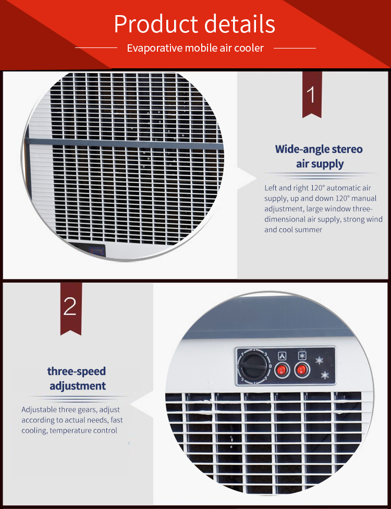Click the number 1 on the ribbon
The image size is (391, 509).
pyautogui.click(x=311, y=95)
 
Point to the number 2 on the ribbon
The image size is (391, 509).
pyautogui.click(x=70, y=307)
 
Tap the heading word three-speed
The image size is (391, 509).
pyautogui.click(x=77, y=371)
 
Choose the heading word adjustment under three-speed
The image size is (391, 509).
pyautogui.click(x=78, y=386)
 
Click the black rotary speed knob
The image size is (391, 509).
pyautogui.click(x=252, y=365)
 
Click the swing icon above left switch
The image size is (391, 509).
pyautogui.click(x=282, y=356)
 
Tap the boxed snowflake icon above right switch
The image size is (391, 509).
pyautogui.click(x=301, y=356)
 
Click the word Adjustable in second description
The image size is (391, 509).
pyautogui.click(x=40, y=409)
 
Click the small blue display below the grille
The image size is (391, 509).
pyautogui.click(x=97, y=251)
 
